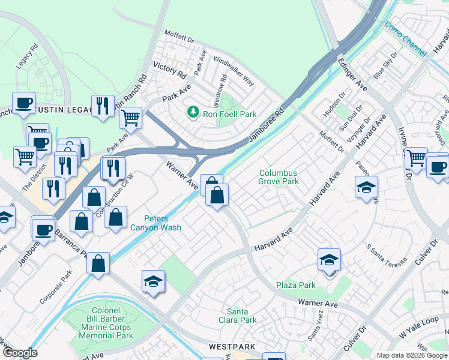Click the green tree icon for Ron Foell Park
(193, 112)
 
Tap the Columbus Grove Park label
(279, 177)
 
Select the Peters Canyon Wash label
(154, 223)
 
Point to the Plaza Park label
(295, 285)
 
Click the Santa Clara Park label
(241, 316)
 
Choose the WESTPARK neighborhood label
(232, 347)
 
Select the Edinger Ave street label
(352, 75)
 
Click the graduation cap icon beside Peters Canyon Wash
(154, 281)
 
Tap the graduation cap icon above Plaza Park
(329, 260)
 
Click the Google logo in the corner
(19, 353)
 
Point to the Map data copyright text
(412, 355)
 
